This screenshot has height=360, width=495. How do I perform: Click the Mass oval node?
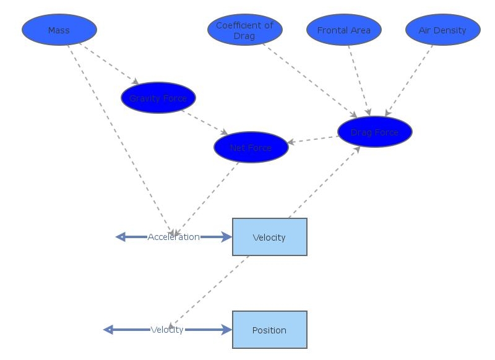tap(59, 30)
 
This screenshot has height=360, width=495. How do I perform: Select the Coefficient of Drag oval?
tap(245, 30)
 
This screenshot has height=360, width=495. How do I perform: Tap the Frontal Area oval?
tap(344, 30)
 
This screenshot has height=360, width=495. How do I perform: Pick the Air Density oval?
tap(443, 30)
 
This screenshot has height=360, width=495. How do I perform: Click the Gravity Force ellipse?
tap(158, 98)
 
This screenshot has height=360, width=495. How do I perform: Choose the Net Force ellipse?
tap(251, 147)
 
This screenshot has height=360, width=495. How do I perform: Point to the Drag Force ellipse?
tap(375, 132)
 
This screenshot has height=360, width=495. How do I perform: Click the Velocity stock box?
tap(270, 237)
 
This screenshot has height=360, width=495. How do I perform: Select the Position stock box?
tap(270, 330)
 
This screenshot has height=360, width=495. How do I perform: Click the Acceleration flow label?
tap(173, 237)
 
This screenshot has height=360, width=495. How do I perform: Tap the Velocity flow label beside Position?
tap(167, 330)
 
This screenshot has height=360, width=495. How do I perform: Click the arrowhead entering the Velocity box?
tap(226, 237)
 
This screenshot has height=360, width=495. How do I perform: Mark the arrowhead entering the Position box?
tap(226, 330)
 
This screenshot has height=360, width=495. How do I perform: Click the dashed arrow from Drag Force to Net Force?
tap(313, 139)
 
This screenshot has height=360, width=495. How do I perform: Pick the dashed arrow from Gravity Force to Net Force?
tap(205, 122)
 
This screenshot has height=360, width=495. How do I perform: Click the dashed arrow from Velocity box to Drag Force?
tap(323, 183)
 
